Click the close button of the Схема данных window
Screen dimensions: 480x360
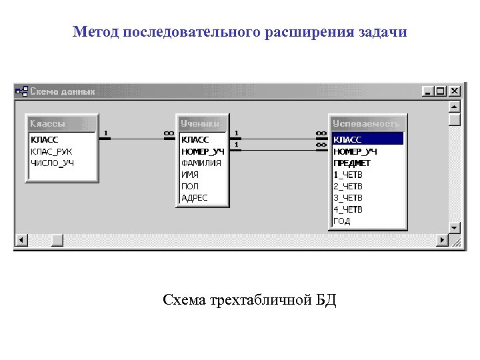point(455,91)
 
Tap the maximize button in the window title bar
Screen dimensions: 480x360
point(441,91)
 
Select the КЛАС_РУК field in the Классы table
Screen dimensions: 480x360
point(51,151)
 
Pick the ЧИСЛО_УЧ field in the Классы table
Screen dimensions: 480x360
point(53,163)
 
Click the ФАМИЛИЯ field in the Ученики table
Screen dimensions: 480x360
point(201,163)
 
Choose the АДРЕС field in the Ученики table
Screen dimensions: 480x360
point(195,197)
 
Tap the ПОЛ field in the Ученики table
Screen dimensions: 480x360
point(189,186)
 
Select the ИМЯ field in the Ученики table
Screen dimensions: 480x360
point(190,175)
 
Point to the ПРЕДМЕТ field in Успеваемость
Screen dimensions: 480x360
point(352,163)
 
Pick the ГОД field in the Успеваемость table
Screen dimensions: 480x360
point(342,221)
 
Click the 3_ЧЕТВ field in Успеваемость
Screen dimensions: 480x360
point(348,197)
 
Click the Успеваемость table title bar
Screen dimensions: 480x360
point(367,123)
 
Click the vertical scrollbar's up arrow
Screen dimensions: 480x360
point(455,107)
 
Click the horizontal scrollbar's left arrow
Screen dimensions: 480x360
point(21,239)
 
